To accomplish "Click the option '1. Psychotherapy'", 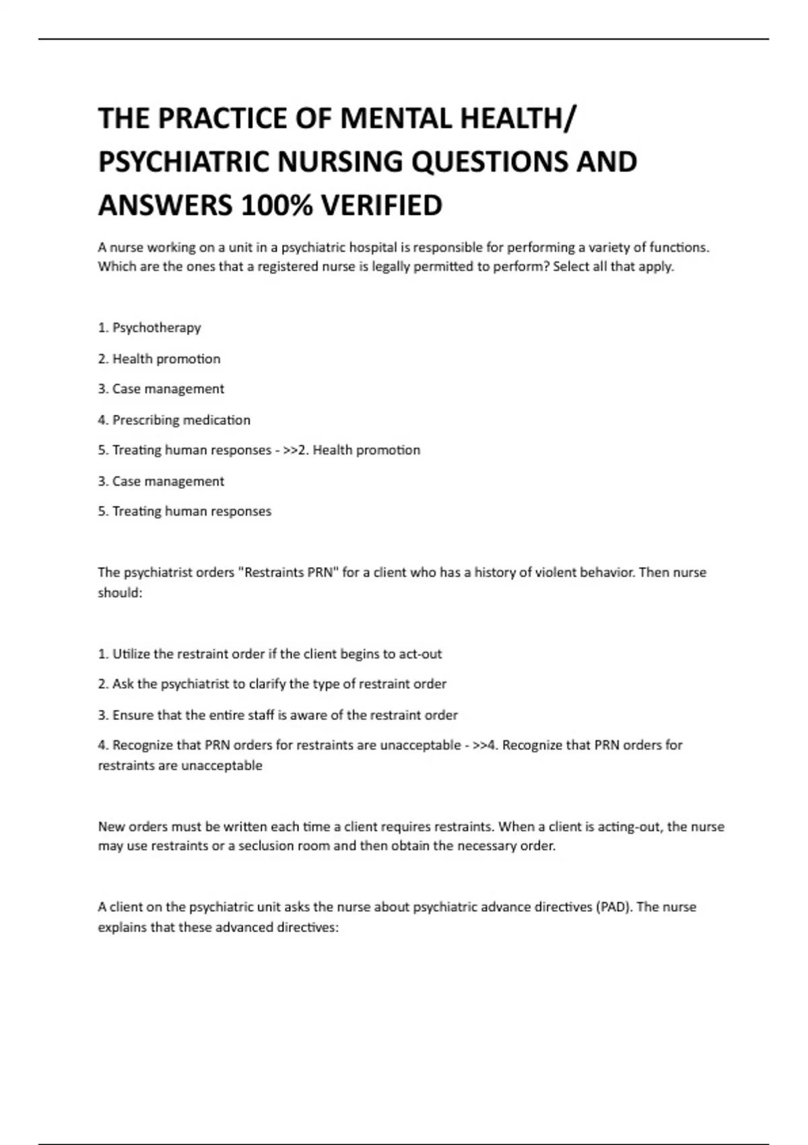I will tap(149, 328).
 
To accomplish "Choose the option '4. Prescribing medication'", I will tap(174, 420).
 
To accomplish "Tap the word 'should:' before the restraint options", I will tap(120, 593).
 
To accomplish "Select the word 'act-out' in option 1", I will tap(420, 654).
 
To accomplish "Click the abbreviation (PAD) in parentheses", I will tap(613, 907).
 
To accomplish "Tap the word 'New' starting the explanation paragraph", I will tap(111, 826).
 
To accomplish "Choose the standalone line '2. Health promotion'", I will tap(159, 359).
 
